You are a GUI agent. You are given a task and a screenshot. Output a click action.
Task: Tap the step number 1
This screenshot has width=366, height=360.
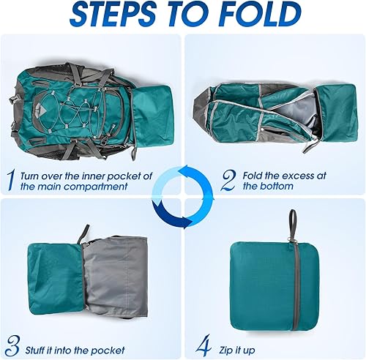10,178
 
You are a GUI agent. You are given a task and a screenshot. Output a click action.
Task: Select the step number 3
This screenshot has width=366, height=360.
10,344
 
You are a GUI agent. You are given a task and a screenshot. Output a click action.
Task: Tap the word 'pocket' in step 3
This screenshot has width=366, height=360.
108,350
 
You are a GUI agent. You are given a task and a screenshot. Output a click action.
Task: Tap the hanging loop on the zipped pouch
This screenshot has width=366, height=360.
292,222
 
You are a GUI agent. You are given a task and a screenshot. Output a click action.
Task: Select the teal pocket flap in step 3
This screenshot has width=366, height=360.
55,278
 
